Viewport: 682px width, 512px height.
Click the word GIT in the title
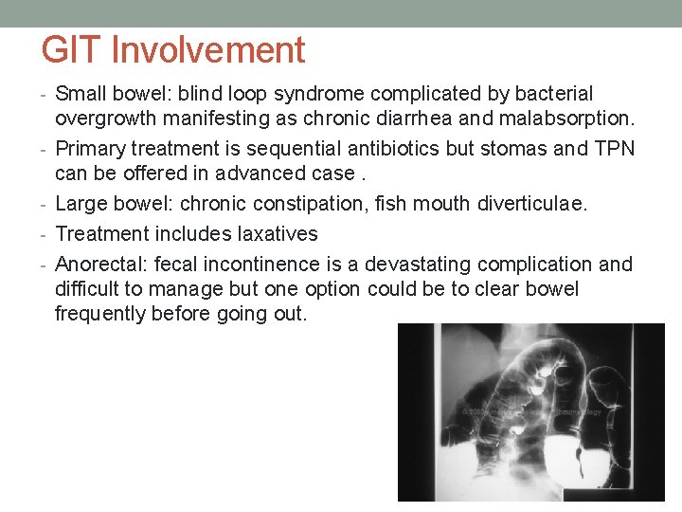74,50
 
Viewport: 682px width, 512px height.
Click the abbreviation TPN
615,149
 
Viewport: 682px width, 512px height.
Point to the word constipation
290,204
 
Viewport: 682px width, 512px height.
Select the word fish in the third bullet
378,204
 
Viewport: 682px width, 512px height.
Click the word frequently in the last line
99,314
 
